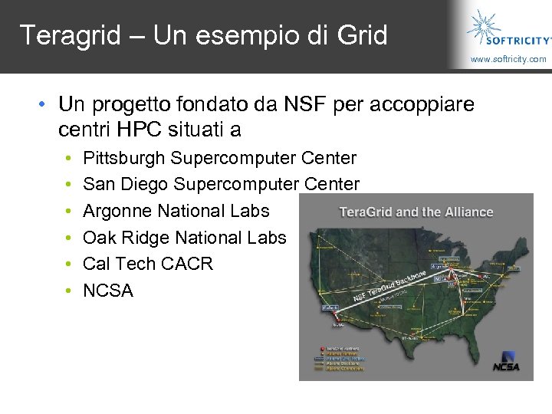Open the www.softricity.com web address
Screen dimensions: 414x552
(508, 59)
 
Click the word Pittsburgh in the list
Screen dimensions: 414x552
(124, 159)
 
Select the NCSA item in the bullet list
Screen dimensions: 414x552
(108, 291)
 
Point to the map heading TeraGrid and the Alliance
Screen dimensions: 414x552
(416, 212)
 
